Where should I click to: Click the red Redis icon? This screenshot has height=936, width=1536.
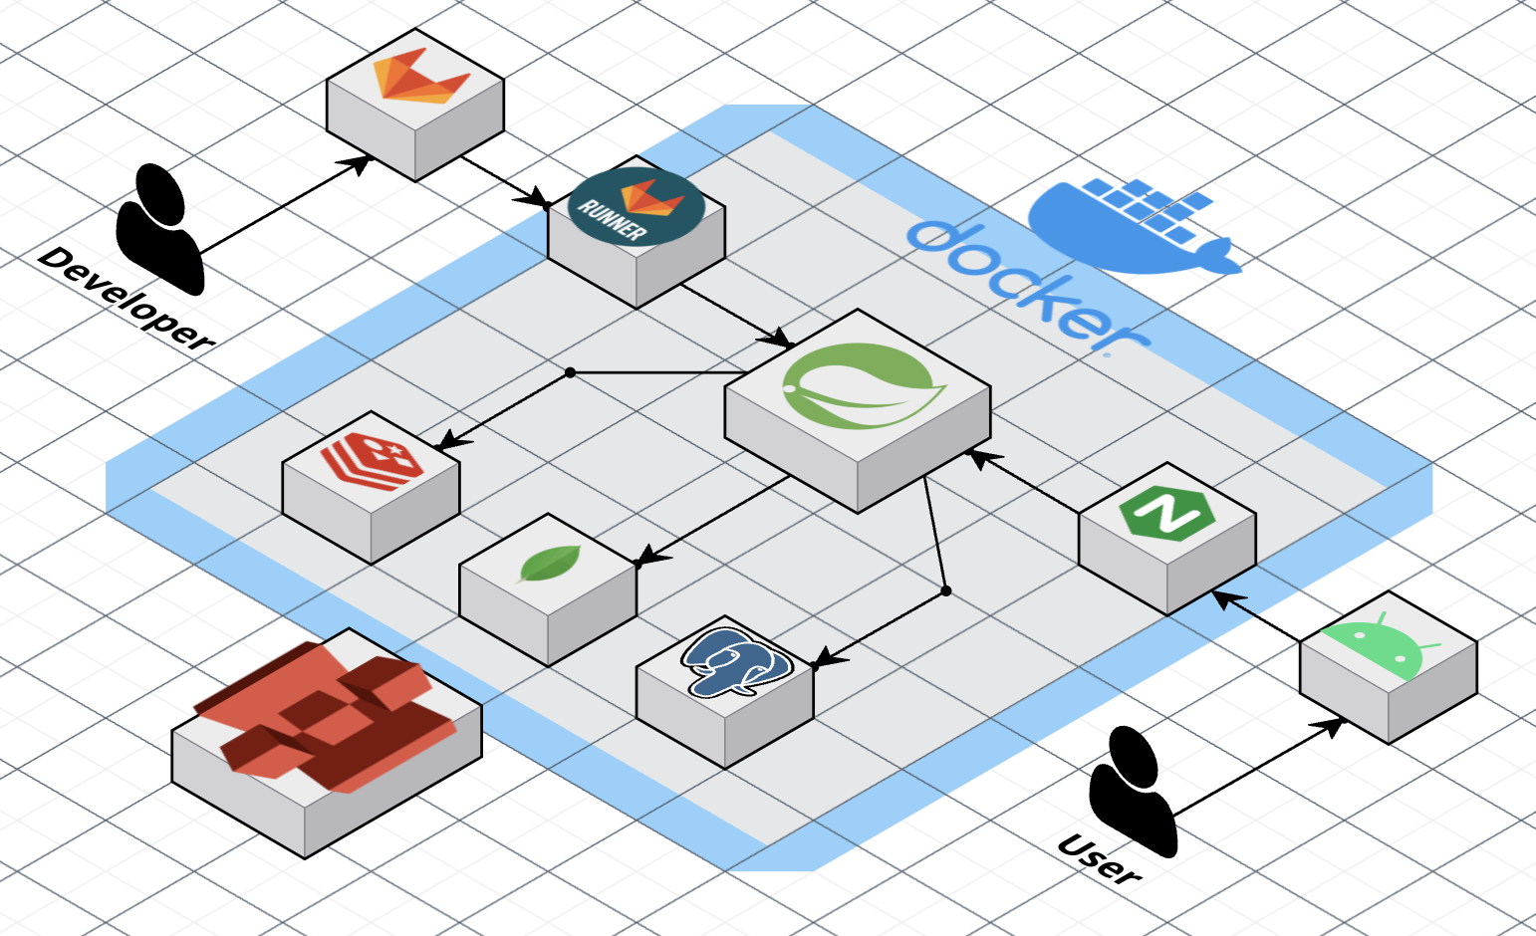pyautogui.click(x=373, y=459)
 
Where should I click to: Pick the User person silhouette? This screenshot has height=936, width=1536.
pyautogui.click(x=1133, y=792)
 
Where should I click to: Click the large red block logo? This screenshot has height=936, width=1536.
pyautogui.click(x=327, y=716)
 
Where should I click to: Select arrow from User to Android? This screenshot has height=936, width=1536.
pyautogui.click(x=1258, y=768)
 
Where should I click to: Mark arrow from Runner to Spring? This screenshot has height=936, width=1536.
pyautogui.click(x=736, y=316)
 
